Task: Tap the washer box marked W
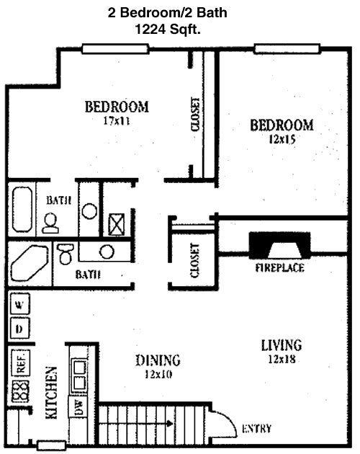pos(19,303)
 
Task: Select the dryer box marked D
pos(19,329)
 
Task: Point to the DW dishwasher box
pos(78,407)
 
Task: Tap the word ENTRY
pos(257,428)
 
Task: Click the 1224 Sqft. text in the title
pos(168,29)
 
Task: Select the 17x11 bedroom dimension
pos(117,120)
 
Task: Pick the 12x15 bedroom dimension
pos(282,139)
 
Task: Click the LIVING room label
pos(282,345)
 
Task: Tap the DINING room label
pos(158,360)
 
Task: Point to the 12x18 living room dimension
pos(282,359)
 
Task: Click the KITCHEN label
pos(52,393)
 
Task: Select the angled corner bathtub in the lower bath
pos(29,263)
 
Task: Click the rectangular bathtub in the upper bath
pos(22,209)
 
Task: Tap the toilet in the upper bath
pos(50,223)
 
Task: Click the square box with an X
pos(117,224)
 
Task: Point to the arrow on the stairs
pos(136,424)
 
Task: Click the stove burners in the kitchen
pos(20,391)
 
